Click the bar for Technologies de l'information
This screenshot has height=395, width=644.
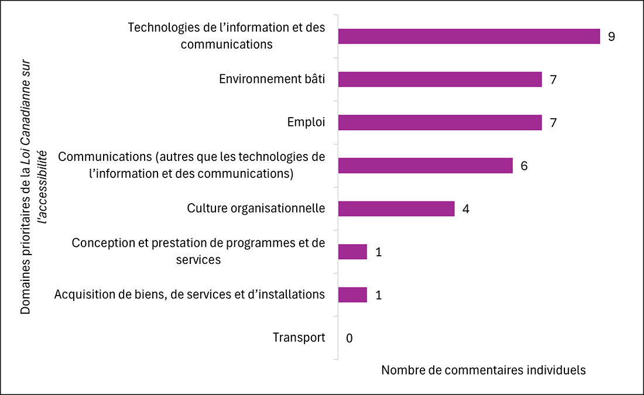pyautogui.click(x=469, y=36)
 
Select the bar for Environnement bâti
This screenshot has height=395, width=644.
pyautogui.click(x=440, y=79)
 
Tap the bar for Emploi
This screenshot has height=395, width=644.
pyautogui.click(x=440, y=122)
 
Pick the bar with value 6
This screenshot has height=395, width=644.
pyautogui.click(x=425, y=166)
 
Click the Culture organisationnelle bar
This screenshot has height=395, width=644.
pyautogui.click(x=396, y=209)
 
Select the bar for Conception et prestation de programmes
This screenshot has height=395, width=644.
pyautogui.click(x=352, y=252)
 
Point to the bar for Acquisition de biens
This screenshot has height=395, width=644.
pyautogui.click(x=352, y=295)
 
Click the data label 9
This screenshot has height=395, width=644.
pyautogui.click(x=611, y=36)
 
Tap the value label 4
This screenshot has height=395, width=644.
pyautogui.click(x=465, y=209)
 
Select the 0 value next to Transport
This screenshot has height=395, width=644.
pyautogui.click(x=349, y=338)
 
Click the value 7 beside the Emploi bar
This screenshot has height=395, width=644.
pyautogui.click(x=553, y=122)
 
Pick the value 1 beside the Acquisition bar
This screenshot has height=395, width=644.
pyautogui.click(x=378, y=295)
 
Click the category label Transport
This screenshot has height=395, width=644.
pyautogui.click(x=299, y=338)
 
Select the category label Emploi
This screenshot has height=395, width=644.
pyautogui.click(x=306, y=122)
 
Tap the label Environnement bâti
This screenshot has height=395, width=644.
pyautogui.click(x=272, y=79)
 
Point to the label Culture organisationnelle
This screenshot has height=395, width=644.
pyautogui.click(x=256, y=208)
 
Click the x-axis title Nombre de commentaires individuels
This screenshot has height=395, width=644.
pyautogui.click(x=484, y=370)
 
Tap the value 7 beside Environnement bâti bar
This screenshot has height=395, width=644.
pyautogui.click(x=553, y=79)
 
